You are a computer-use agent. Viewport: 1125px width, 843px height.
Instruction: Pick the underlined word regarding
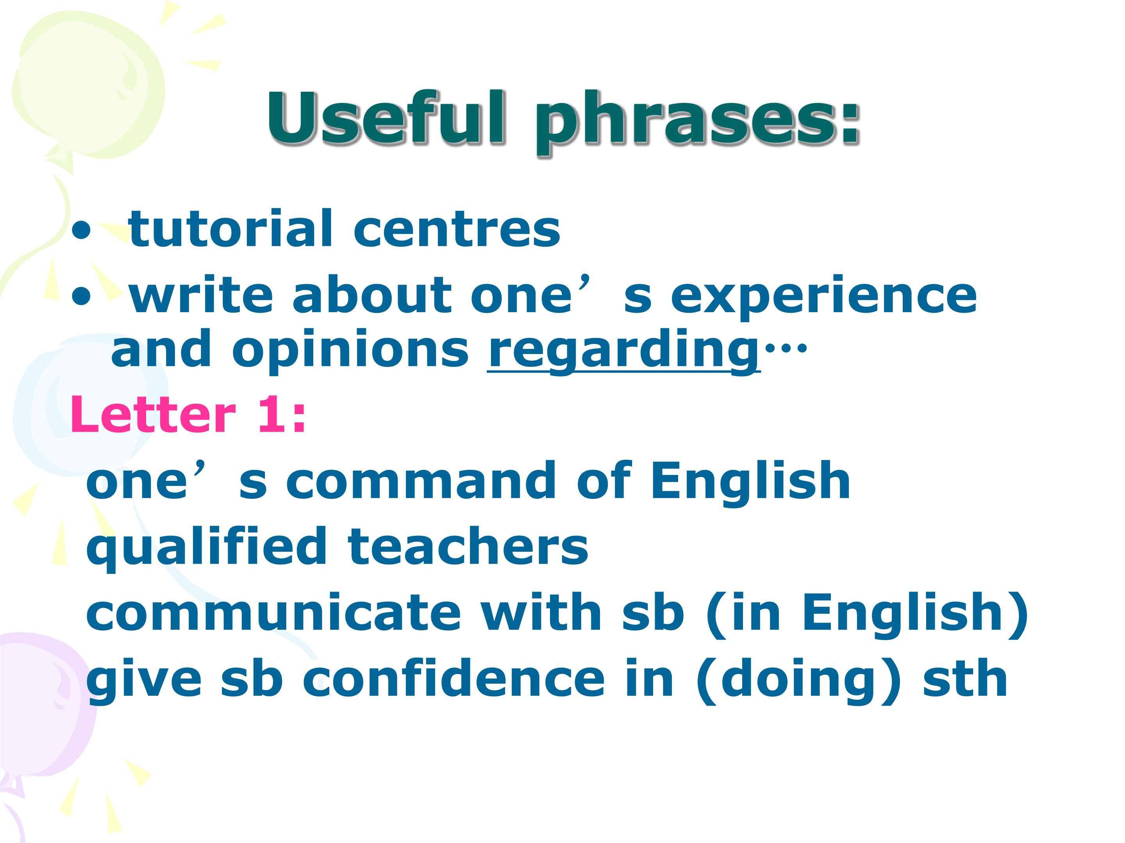623,352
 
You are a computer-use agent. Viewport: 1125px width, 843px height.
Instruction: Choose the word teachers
468,547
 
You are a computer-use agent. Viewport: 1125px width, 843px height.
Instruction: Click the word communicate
273,613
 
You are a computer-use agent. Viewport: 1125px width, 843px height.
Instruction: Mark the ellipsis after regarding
785,348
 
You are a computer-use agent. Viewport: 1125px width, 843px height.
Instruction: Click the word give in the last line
145,681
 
